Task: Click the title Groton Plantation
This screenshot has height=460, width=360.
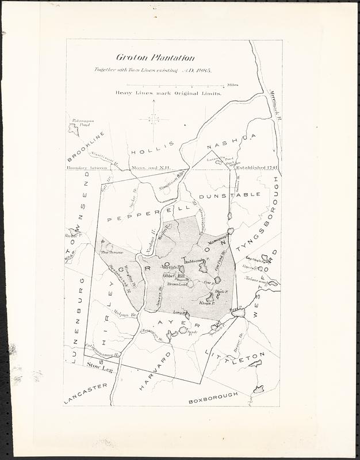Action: click(155, 57)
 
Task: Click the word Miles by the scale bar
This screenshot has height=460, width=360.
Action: click(232, 85)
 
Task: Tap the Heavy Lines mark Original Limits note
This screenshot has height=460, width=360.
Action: click(168, 93)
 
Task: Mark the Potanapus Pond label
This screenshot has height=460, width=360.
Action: click(83, 123)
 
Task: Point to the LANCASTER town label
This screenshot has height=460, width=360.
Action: click(85, 394)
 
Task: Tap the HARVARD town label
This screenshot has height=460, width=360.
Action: click(154, 373)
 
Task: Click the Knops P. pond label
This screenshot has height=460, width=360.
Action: click(206, 302)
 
